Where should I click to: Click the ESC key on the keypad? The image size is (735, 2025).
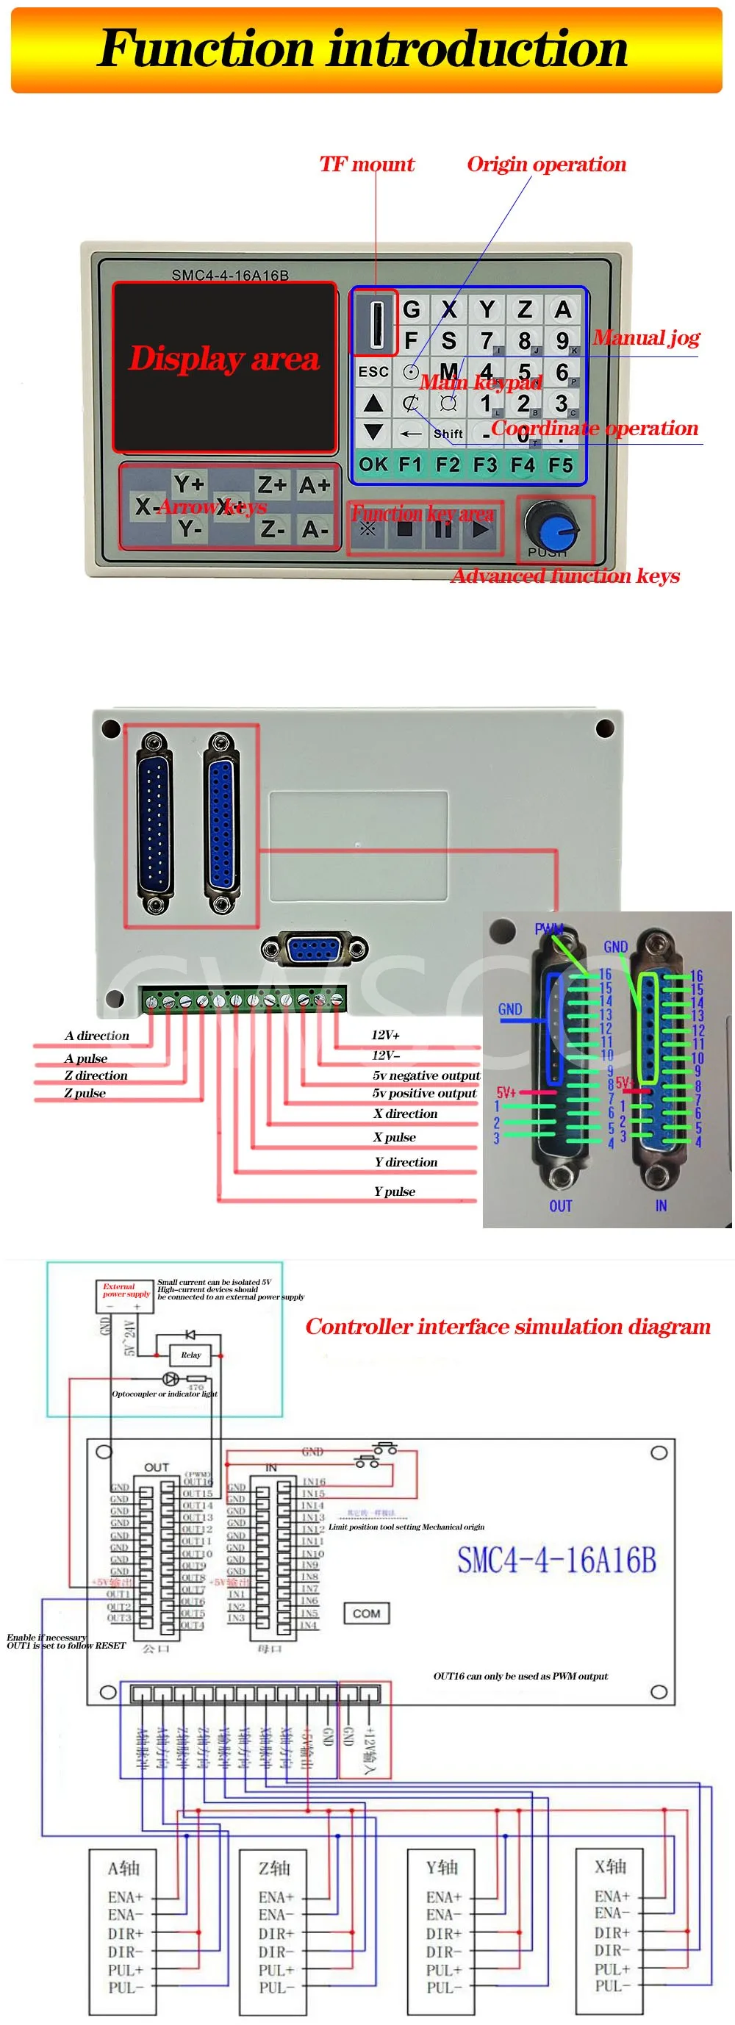pyautogui.click(x=373, y=372)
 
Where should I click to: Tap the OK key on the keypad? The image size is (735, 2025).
pyautogui.click(x=373, y=465)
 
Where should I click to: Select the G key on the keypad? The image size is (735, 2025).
pyautogui.click(x=411, y=309)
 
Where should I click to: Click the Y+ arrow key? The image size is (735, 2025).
pyautogui.click(x=189, y=484)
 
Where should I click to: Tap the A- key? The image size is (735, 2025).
pyautogui.click(x=315, y=530)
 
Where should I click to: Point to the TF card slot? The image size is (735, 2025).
pyautogui.click(x=375, y=322)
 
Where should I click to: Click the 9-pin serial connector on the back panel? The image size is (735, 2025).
pyautogui.click(x=314, y=950)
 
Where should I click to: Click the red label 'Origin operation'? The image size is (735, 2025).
pyautogui.click(x=546, y=165)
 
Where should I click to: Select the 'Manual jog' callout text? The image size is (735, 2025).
pyautogui.click(x=645, y=338)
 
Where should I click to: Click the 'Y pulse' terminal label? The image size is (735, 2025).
pyautogui.click(x=395, y=1191)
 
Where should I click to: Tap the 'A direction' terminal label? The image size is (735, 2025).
pyautogui.click(x=97, y=1036)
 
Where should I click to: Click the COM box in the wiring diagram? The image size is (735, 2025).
pyautogui.click(x=366, y=1614)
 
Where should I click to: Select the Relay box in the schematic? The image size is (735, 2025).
pyautogui.click(x=191, y=1355)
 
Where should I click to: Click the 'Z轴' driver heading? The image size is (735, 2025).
pyautogui.click(x=274, y=1867)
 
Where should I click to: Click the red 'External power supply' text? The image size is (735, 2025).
pyautogui.click(x=125, y=1290)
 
